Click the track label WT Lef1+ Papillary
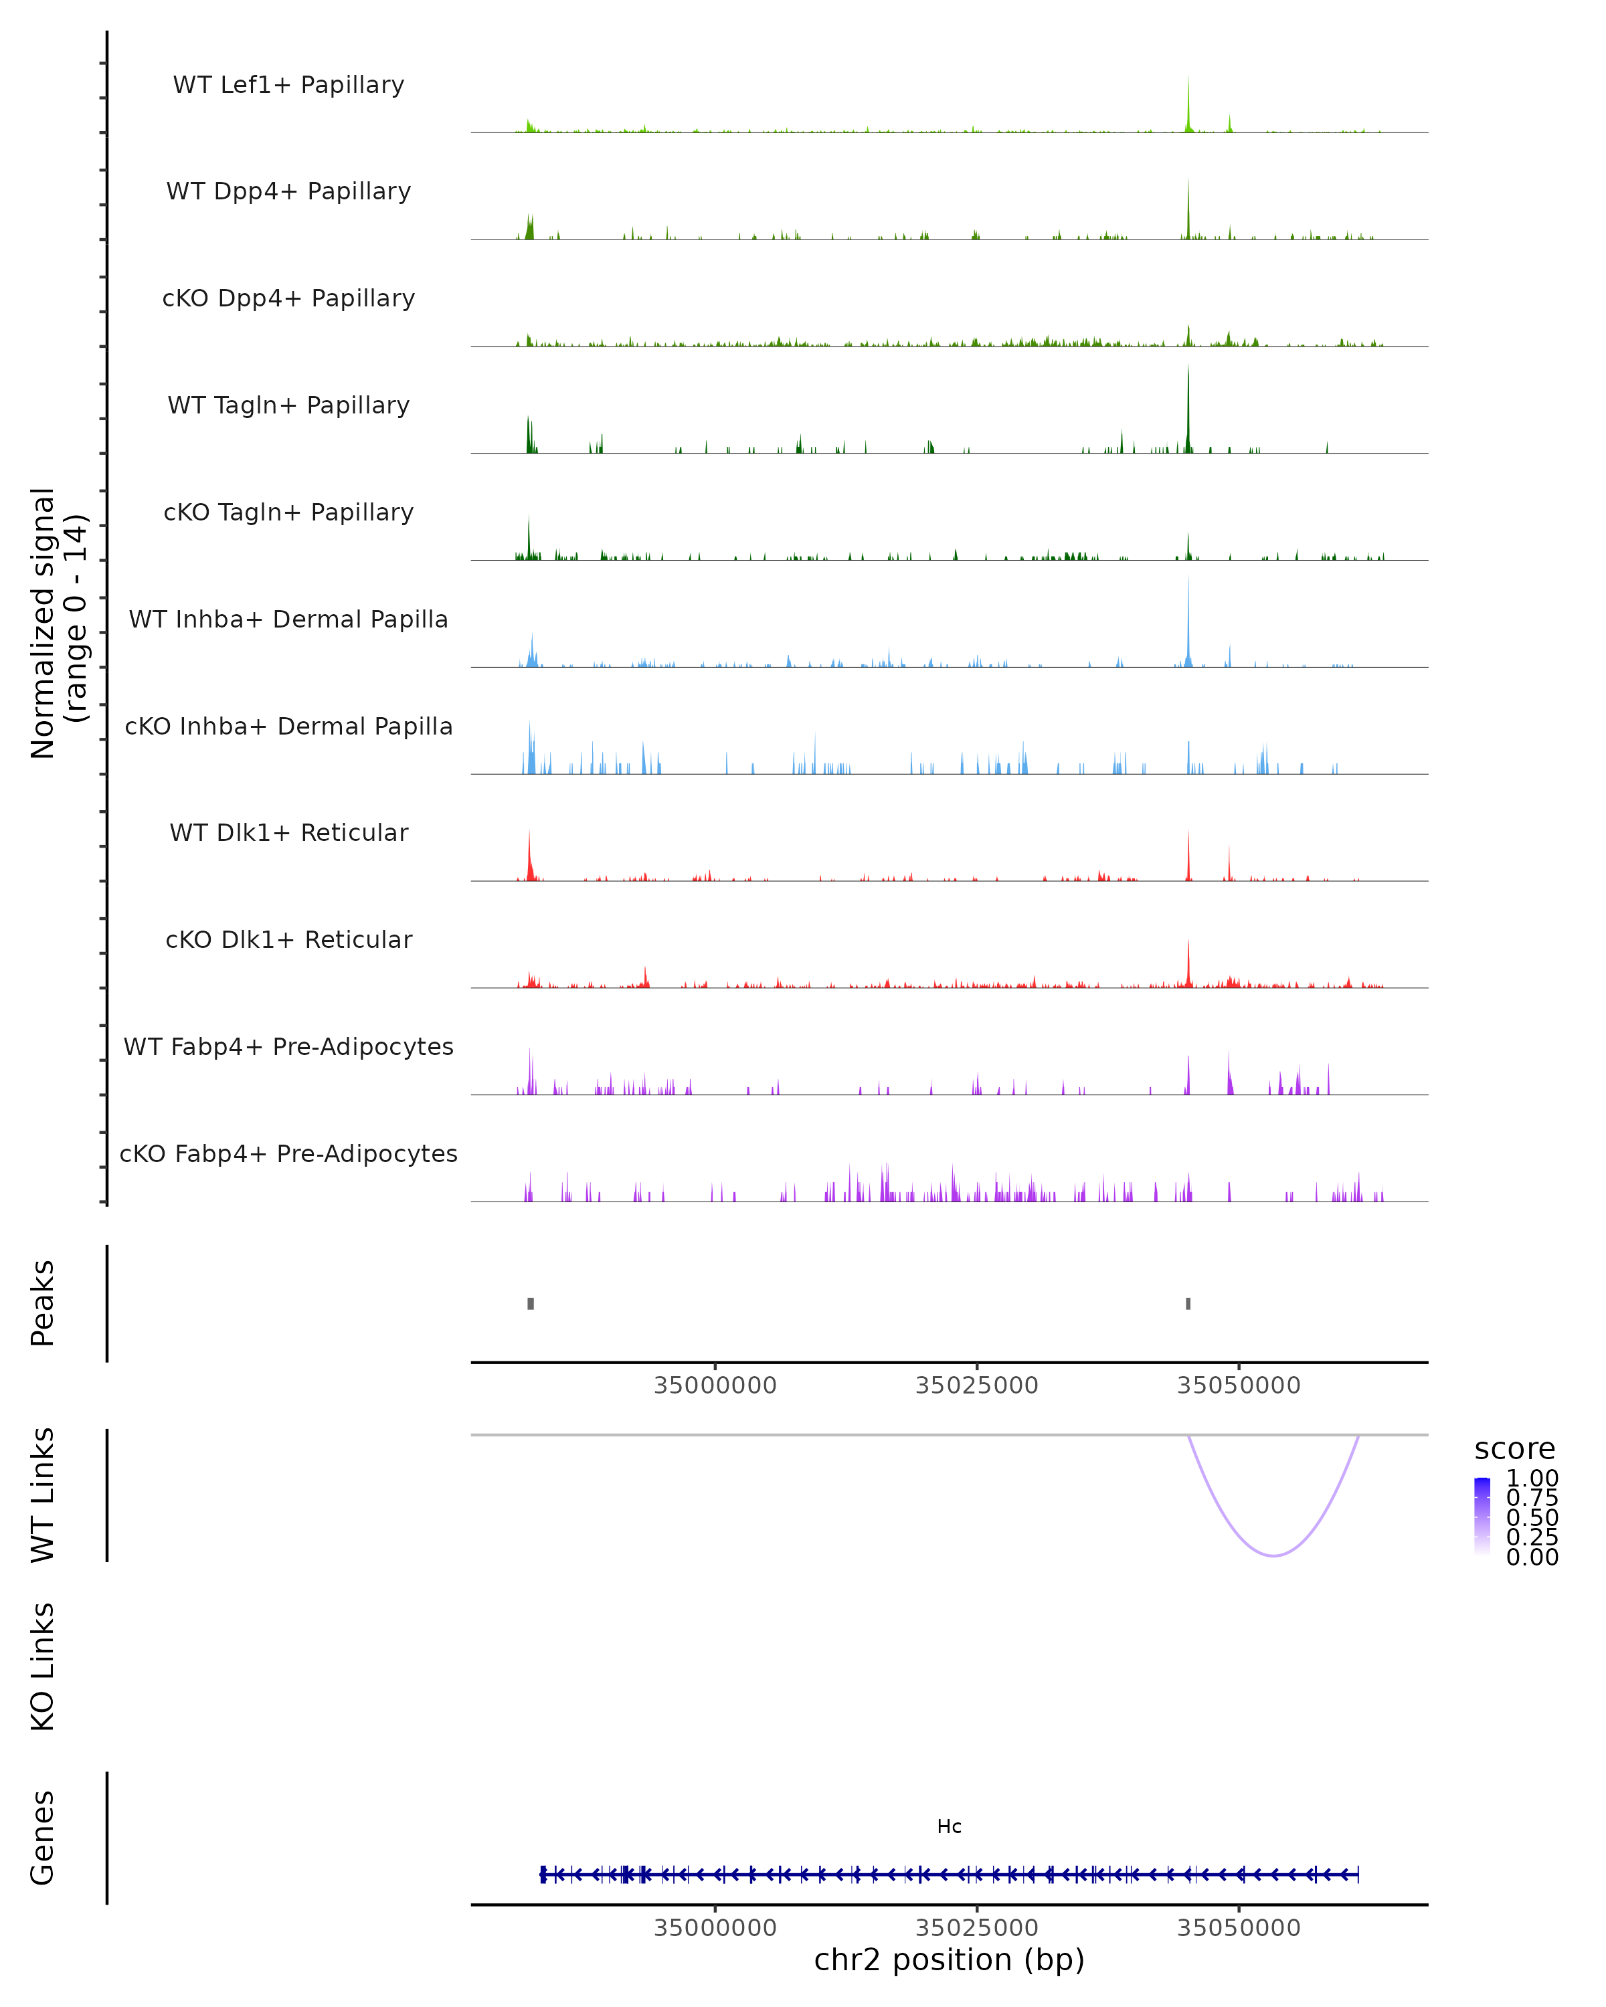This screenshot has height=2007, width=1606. (288, 85)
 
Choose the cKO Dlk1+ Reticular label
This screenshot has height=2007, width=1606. (288, 939)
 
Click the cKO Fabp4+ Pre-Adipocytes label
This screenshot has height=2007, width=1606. (288, 1153)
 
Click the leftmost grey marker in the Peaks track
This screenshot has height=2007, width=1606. (531, 1303)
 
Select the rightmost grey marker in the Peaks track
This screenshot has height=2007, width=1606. (1188, 1303)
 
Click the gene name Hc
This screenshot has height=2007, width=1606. (949, 1826)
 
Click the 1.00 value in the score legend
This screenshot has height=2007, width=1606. (1532, 1478)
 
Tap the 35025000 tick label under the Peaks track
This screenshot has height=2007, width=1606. (976, 1385)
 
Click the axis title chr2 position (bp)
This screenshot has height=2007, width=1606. (949, 1960)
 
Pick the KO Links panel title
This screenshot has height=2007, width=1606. (43, 1666)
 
